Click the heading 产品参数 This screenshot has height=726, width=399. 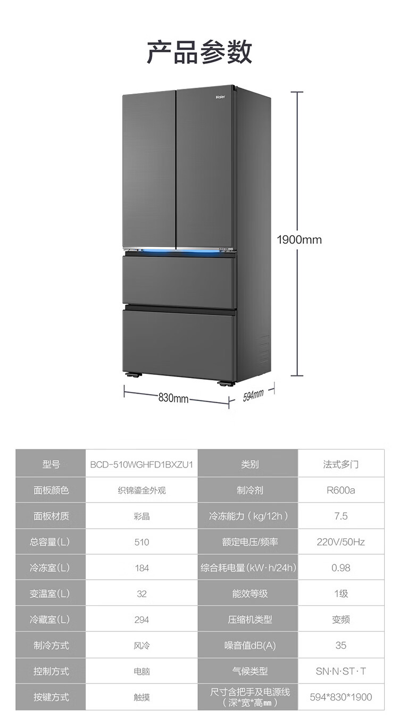(x=199, y=52)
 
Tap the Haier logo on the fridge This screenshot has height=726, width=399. (x=221, y=97)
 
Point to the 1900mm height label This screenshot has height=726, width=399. (x=299, y=240)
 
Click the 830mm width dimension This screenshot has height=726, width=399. (x=173, y=398)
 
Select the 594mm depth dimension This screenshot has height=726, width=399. (x=253, y=395)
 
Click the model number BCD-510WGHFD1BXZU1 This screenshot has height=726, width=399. (x=142, y=464)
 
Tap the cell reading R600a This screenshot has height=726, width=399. (x=340, y=490)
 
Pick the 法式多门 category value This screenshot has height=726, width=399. (x=340, y=464)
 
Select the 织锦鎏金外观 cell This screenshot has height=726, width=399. (x=142, y=490)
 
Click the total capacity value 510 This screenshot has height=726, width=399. (x=142, y=542)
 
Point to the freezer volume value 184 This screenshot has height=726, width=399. (x=142, y=568)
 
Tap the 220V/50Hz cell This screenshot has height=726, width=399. (x=340, y=542)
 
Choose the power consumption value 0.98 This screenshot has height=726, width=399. (x=340, y=568)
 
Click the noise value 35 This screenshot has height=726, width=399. (x=340, y=645)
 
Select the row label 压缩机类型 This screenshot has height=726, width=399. (x=250, y=620)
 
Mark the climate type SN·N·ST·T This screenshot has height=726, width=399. (x=340, y=671)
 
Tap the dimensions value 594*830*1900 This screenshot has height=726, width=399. (x=340, y=697)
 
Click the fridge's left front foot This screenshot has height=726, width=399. (x=133, y=375)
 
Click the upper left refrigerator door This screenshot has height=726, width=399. (x=149, y=169)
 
